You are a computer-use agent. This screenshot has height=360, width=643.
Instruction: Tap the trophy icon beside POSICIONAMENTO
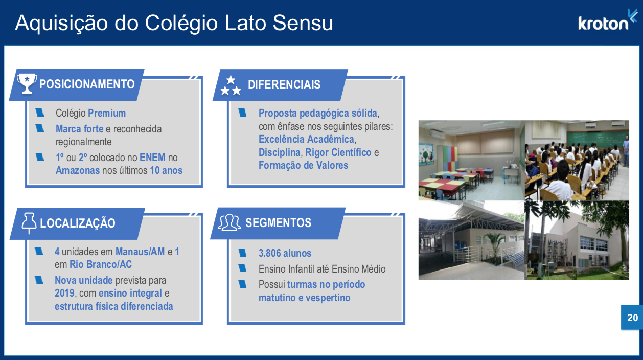pos(27,83)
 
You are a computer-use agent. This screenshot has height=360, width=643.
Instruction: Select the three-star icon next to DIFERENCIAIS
pos(231,85)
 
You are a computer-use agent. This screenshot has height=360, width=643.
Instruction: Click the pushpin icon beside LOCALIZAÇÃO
pos(29,223)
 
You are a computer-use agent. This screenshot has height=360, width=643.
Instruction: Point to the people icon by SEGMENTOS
pos(229,222)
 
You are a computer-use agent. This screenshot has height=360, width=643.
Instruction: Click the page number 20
pos(632,318)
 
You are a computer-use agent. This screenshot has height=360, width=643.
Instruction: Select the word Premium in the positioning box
pos(107,113)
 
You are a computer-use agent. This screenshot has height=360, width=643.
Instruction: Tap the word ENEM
pos(152,157)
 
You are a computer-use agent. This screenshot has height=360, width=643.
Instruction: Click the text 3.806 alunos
pos(285,253)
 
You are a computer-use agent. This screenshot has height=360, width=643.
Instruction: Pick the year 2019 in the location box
pos(64,293)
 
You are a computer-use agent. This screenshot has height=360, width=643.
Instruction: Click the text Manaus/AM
pos(140,252)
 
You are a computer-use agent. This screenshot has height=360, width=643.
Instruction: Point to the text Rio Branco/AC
pos(101,264)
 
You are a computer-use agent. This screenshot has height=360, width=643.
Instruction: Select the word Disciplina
pos(279,152)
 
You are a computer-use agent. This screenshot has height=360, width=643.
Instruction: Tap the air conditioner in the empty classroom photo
pos(438,133)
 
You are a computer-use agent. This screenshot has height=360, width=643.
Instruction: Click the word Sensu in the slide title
pos(303,22)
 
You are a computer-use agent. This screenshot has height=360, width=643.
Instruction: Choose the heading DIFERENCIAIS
pos(284,85)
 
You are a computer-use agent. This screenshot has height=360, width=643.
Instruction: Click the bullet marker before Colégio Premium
pos(40,112)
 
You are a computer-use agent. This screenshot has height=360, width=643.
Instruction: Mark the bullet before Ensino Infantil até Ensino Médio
pos(242,268)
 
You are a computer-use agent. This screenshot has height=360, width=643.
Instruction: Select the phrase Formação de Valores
pos(303,165)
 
